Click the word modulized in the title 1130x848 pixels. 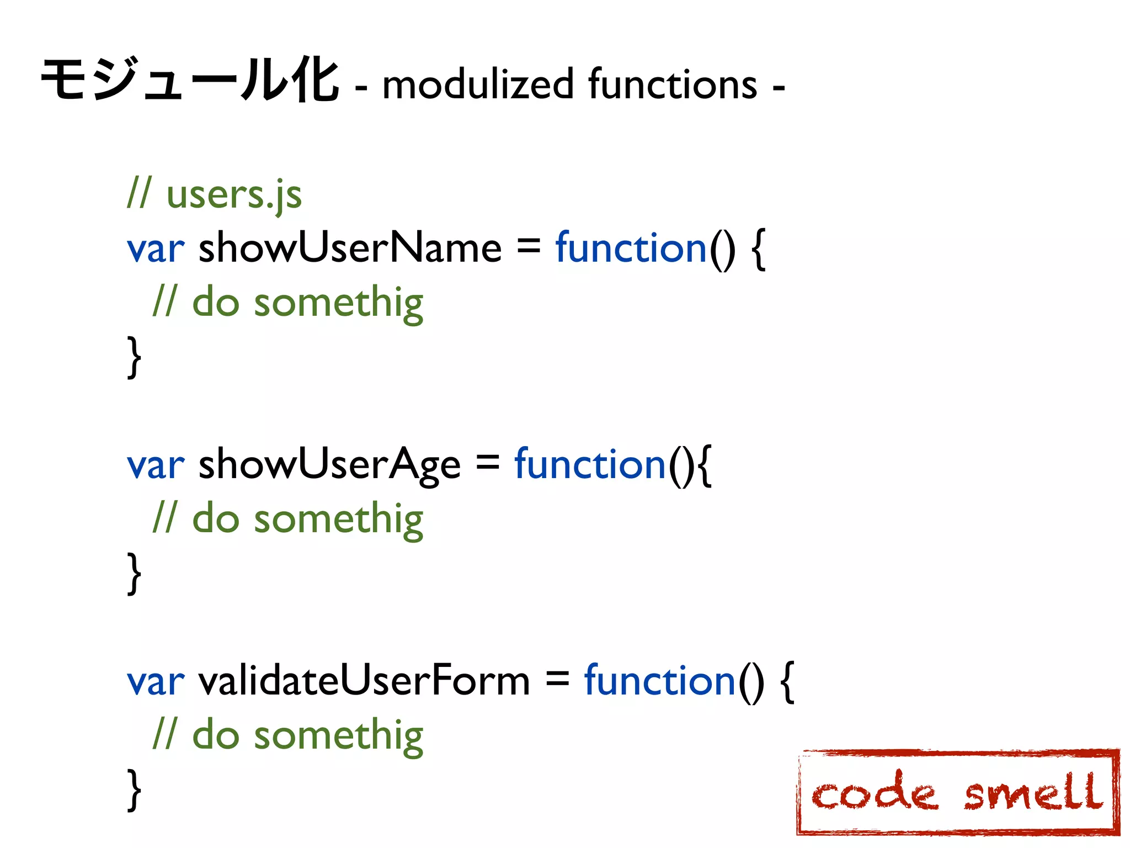click(x=478, y=84)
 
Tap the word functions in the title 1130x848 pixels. click(x=673, y=84)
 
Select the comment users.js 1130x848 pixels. click(x=234, y=194)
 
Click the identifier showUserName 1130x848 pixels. click(x=350, y=248)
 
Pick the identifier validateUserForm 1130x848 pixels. click(x=364, y=681)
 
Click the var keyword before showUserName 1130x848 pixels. click(x=156, y=249)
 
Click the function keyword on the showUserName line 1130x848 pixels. click(x=631, y=248)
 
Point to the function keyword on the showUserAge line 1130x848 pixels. click(x=590, y=464)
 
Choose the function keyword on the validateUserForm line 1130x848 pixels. click(x=660, y=681)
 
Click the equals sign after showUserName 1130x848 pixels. click(x=528, y=248)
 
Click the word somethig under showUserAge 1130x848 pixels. click(x=338, y=520)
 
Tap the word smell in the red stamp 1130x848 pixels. click(x=1033, y=793)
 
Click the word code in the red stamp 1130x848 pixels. click(x=875, y=793)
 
